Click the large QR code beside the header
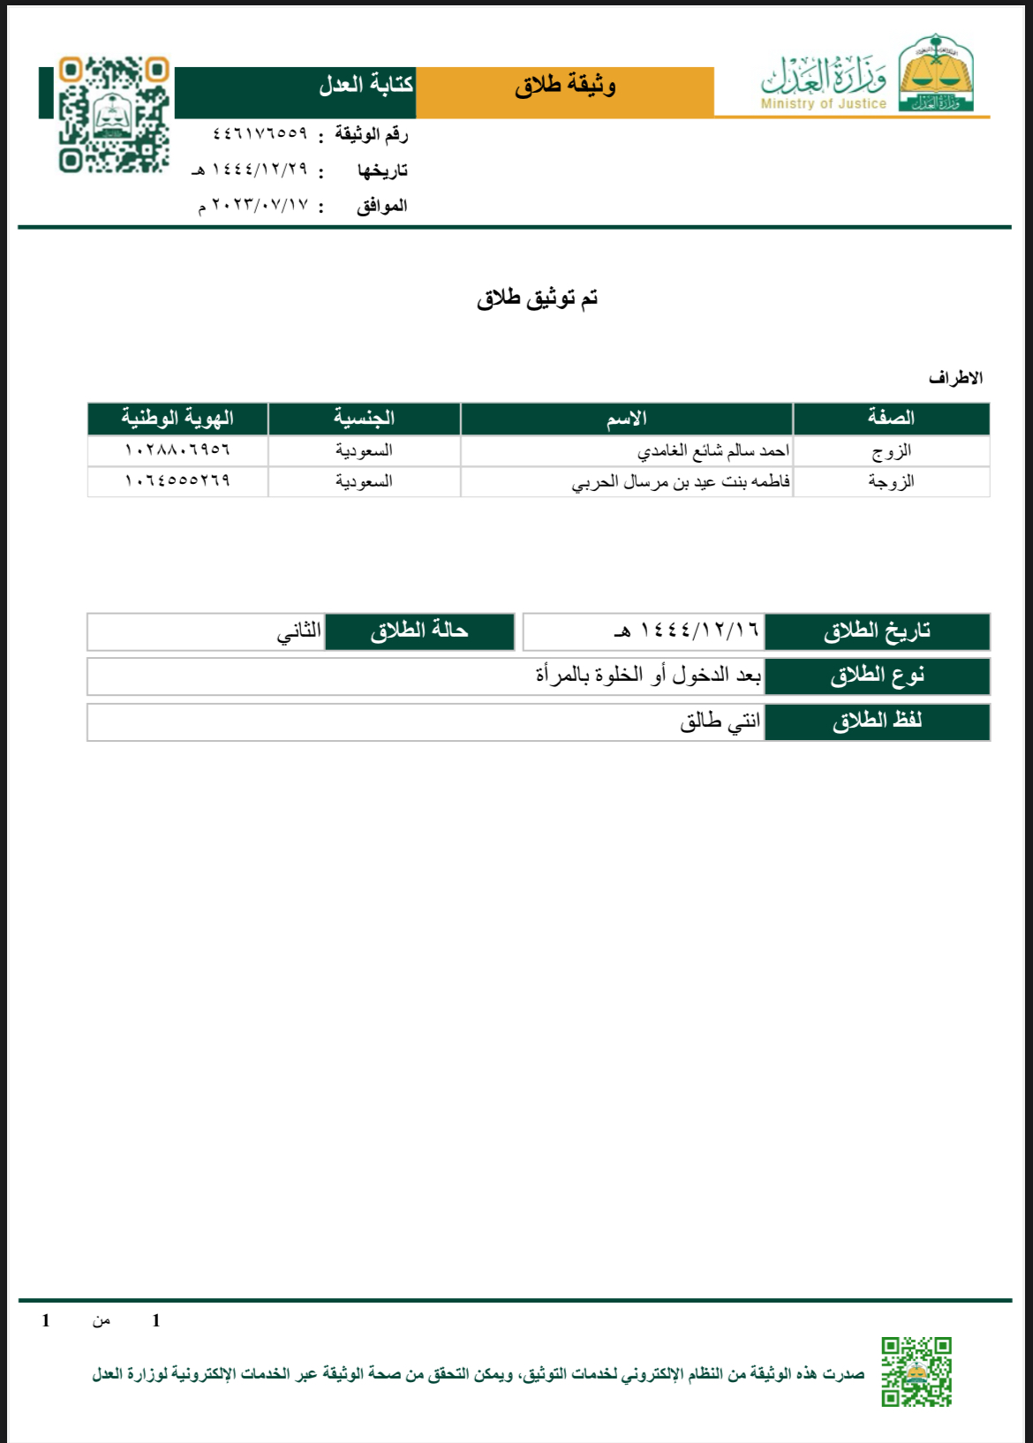(x=113, y=115)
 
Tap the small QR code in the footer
(x=916, y=1371)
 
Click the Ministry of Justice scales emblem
(x=936, y=75)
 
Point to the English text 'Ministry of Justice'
(x=823, y=104)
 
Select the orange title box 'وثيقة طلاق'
(x=565, y=86)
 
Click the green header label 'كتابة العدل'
(x=366, y=86)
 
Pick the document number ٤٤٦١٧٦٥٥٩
(x=260, y=133)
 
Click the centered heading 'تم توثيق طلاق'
(x=537, y=298)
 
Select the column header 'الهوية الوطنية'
(x=177, y=418)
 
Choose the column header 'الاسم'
(x=626, y=419)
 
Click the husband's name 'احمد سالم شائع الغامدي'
(x=713, y=451)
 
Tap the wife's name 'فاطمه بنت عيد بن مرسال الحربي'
(x=681, y=482)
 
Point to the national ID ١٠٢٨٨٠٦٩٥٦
(x=177, y=450)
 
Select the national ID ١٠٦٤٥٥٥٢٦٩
(x=177, y=481)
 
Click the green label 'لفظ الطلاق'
(x=877, y=721)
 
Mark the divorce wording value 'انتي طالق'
(x=720, y=721)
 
